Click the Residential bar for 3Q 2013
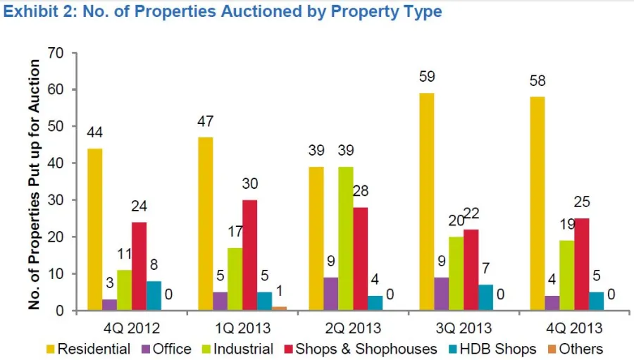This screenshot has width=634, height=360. (426, 202)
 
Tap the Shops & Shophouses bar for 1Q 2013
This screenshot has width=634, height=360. (250, 255)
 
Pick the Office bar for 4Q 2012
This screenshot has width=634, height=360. (110, 305)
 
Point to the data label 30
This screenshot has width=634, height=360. (250, 185)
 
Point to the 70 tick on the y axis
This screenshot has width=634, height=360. (56, 54)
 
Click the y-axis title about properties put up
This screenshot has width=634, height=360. (35, 185)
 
